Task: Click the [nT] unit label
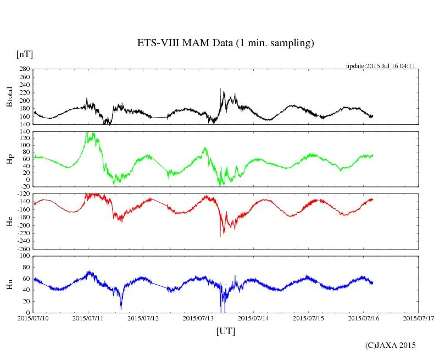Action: (x=25, y=54)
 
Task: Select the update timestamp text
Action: (x=380, y=66)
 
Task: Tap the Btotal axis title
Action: (x=9, y=97)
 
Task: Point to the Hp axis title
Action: (x=9, y=159)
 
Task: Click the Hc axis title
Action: (x=9, y=221)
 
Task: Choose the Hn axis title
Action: (x=9, y=284)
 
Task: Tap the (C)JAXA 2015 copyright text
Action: (x=391, y=345)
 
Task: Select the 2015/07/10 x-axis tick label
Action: (x=33, y=318)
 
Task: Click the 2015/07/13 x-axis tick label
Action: (x=198, y=318)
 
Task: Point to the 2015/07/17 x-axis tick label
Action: (x=418, y=318)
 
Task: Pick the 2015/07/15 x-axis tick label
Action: (x=308, y=318)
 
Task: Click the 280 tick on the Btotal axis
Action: (x=24, y=70)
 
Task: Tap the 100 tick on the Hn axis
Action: (x=24, y=256)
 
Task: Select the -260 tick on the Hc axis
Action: (x=23, y=248)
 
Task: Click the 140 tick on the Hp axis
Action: (x=24, y=132)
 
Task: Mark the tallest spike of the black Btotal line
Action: (x=220, y=89)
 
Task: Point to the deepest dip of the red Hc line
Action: (x=220, y=236)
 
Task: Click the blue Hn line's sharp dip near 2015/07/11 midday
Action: (x=121, y=308)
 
